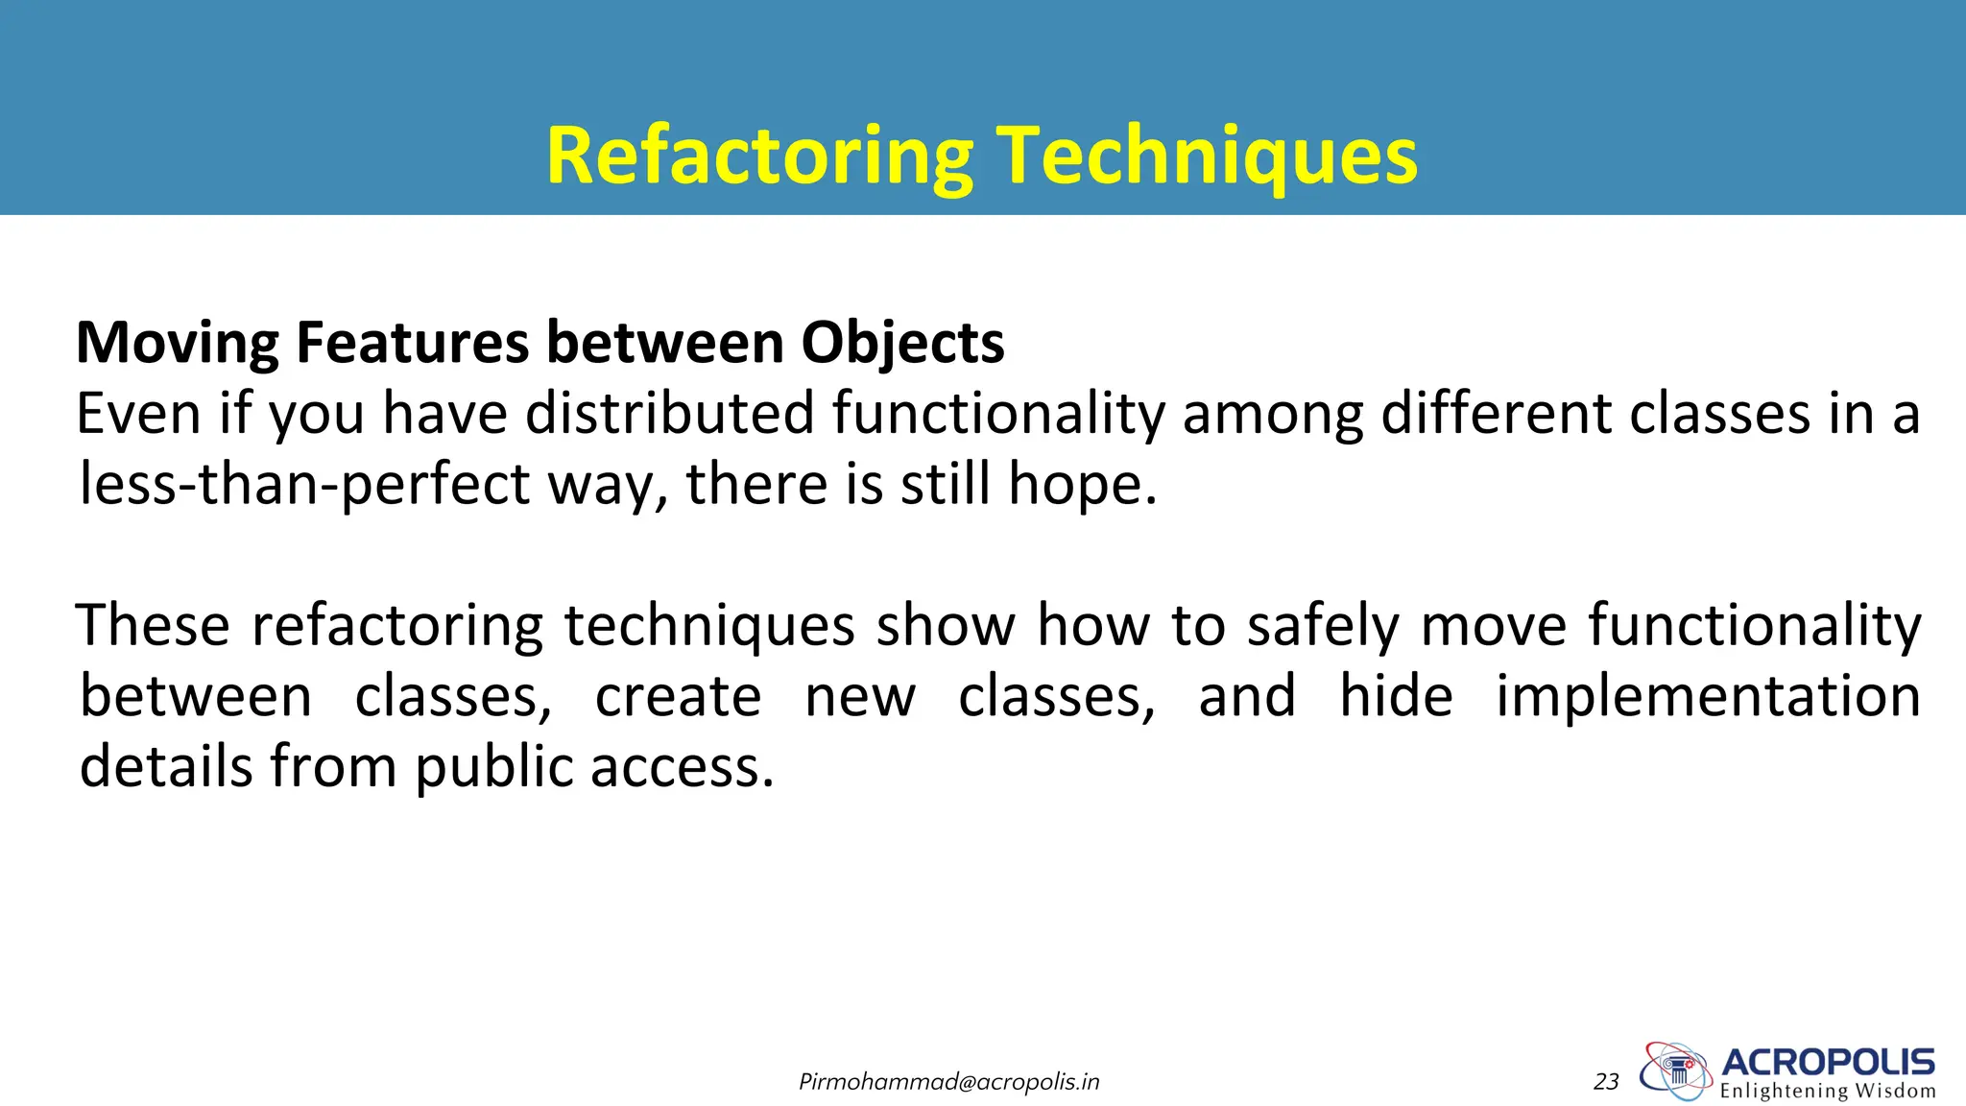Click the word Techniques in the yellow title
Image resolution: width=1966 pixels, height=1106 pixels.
tap(1207, 156)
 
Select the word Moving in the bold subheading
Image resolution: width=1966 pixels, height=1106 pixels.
tap(178, 343)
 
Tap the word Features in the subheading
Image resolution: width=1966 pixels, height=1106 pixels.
tap(412, 343)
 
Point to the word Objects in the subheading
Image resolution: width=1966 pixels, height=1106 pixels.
tap(902, 343)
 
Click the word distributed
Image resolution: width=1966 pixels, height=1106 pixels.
tap(670, 414)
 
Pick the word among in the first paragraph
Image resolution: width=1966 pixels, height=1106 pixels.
tap(1273, 414)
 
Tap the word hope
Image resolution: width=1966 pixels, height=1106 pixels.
tap(1082, 484)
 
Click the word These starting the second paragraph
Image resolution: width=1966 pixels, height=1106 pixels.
tap(153, 625)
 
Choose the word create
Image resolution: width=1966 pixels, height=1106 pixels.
tap(678, 696)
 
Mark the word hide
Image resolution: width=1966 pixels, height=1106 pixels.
tap(1396, 696)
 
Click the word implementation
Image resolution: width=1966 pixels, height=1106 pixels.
tap(1708, 696)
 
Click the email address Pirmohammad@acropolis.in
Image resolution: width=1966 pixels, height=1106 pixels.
tap(948, 1082)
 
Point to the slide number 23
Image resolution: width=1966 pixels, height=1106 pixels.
tap(1606, 1082)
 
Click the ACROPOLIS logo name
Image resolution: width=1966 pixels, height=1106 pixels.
tap(1828, 1063)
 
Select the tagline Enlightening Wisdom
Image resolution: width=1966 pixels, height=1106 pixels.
tap(1828, 1091)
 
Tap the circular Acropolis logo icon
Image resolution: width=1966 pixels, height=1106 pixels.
tap(1675, 1070)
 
